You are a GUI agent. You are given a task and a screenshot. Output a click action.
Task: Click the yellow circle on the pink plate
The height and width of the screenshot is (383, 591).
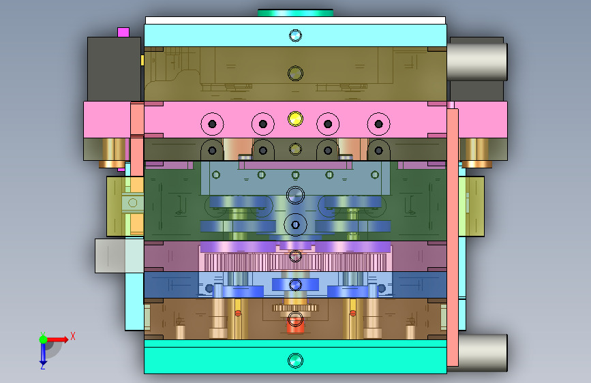tap(295, 119)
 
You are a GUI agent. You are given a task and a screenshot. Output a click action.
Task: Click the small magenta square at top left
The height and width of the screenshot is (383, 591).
tap(123, 32)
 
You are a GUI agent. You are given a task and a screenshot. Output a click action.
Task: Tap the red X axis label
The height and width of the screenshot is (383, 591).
tap(73, 336)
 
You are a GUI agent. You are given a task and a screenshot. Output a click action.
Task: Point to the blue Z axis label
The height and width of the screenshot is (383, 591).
tap(43, 365)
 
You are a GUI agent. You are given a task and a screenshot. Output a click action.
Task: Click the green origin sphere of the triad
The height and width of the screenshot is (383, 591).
tap(44, 339)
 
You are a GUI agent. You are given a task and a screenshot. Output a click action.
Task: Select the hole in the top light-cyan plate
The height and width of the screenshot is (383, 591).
tap(295, 35)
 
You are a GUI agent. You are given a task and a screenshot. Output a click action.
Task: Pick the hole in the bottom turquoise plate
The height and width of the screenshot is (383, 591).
tap(295, 361)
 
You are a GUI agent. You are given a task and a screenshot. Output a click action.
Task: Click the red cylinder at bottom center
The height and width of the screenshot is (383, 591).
tap(295, 325)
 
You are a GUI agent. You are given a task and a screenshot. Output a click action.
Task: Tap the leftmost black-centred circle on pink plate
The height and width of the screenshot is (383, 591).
tap(212, 123)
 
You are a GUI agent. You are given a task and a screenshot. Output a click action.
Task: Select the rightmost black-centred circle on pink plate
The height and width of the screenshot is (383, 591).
tap(378, 123)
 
